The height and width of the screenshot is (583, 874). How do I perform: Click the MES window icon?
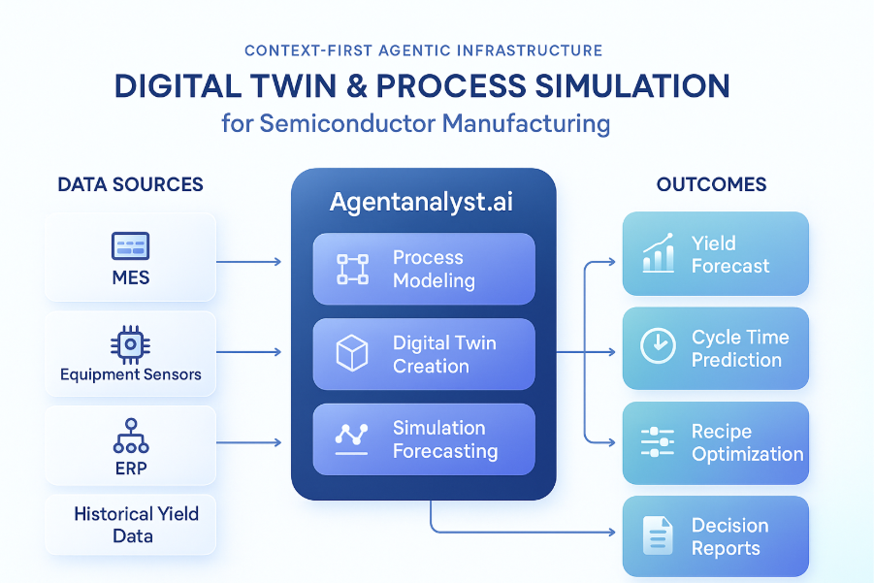(x=130, y=245)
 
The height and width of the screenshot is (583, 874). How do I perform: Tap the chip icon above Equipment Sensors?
(x=130, y=344)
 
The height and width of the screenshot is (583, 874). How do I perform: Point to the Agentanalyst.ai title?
(x=423, y=203)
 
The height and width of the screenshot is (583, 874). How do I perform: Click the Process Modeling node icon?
(x=352, y=269)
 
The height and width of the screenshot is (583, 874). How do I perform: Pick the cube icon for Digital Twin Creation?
(x=351, y=354)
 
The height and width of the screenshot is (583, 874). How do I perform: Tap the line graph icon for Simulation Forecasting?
(x=351, y=438)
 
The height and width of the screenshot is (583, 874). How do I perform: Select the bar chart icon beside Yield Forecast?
(x=659, y=254)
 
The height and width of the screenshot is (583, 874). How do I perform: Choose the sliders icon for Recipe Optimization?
(x=658, y=442)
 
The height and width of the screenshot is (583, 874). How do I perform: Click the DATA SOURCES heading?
(x=130, y=184)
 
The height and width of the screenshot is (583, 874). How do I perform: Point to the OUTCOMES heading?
(x=711, y=184)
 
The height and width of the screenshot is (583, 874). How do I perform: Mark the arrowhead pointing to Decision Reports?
(x=611, y=533)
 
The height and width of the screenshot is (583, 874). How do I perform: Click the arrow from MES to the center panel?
(x=247, y=262)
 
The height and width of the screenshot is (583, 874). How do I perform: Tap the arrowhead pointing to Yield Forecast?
(x=611, y=262)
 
